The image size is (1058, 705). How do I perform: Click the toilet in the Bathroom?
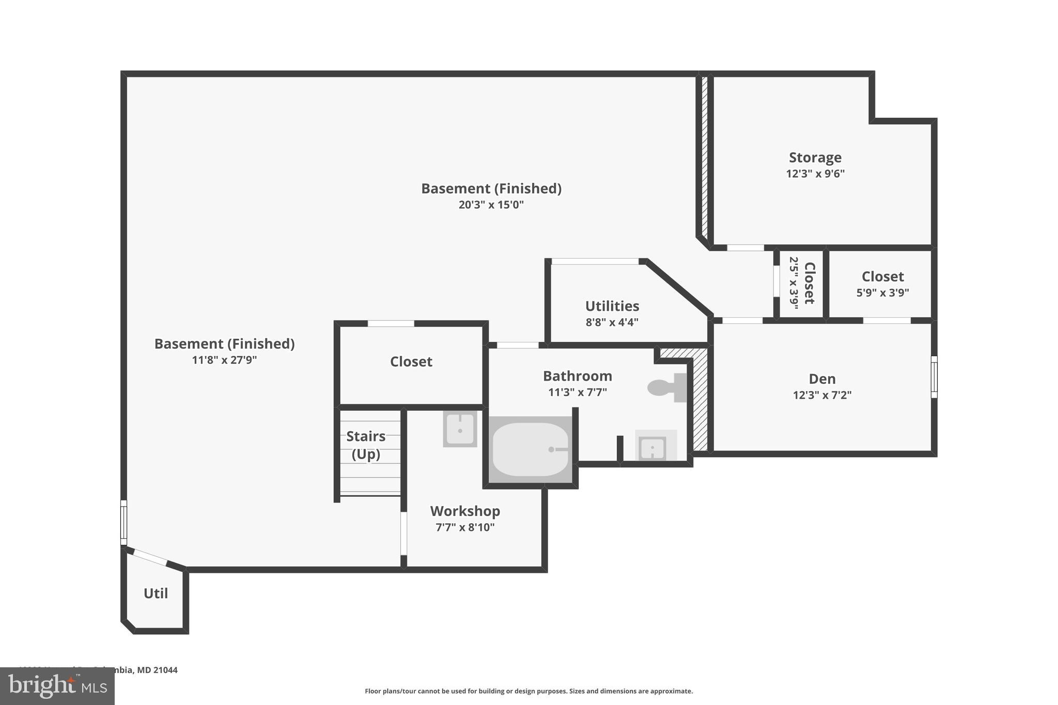[x=666, y=388]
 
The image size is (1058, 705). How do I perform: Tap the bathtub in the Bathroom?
[x=530, y=449]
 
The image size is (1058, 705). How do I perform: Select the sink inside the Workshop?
[x=459, y=429]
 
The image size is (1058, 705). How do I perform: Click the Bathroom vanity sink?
[x=653, y=448]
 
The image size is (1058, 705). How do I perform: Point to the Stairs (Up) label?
[x=366, y=445]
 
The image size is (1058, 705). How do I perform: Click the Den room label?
[x=822, y=379]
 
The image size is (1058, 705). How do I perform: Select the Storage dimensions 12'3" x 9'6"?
[x=815, y=174]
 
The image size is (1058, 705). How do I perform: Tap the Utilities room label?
[x=612, y=306]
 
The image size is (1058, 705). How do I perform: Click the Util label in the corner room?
[x=155, y=593]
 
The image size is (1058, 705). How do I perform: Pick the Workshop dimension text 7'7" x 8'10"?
[x=465, y=527]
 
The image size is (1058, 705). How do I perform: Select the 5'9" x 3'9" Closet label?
[x=882, y=284]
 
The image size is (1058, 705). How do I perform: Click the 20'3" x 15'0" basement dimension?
[x=491, y=205]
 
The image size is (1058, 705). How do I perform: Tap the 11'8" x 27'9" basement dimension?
[x=224, y=360]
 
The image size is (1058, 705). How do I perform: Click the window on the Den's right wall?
[x=933, y=377]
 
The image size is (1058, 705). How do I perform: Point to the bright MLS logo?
[x=57, y=686]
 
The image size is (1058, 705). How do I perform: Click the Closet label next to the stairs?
[x=411, y=362]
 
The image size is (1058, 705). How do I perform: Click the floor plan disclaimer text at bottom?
[x=528, y=691]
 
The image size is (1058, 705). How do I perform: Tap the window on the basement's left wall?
[x=123, y=522]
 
